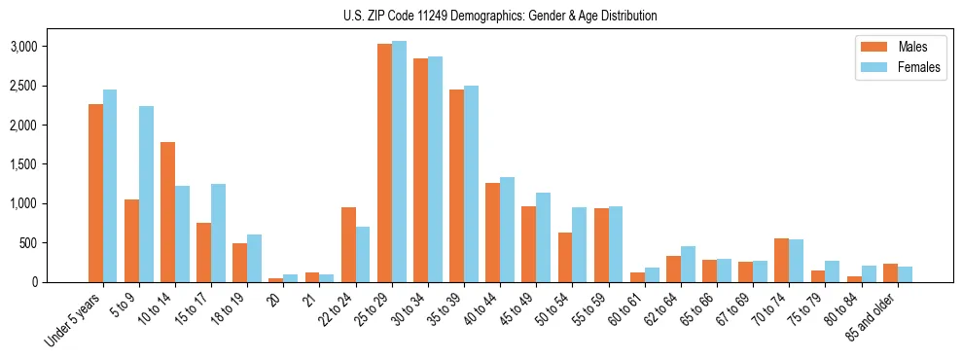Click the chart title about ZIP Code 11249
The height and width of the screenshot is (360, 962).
point(500,16)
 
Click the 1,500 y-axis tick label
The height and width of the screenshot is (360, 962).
point(22,164)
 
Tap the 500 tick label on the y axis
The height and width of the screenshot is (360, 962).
point(28,243)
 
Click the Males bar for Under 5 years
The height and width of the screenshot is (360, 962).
point(95,193)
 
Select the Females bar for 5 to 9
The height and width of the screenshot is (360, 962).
point(146,195)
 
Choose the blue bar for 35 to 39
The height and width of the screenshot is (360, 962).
point(471,184)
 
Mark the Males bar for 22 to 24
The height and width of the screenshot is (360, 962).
point(348,244)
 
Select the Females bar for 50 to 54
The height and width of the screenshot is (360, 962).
point(579,244)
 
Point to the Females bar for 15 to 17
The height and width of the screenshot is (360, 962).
point(218,234)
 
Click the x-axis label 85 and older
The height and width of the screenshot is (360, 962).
point(872,316)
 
